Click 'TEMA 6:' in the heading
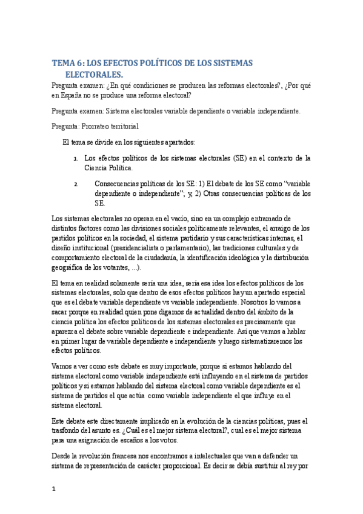point(68,63)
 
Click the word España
point(75,95)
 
